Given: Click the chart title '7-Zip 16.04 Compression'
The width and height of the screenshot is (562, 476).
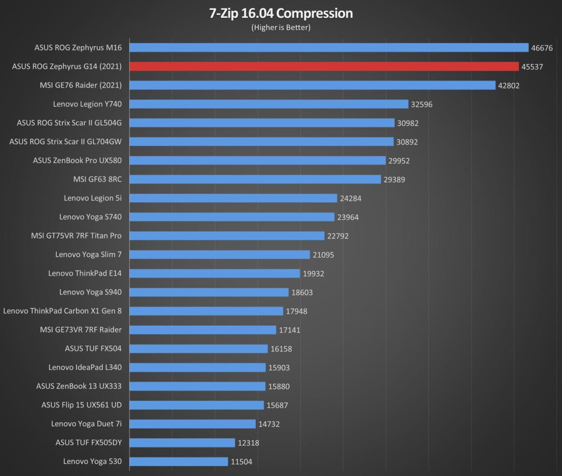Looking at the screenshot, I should [280, 13].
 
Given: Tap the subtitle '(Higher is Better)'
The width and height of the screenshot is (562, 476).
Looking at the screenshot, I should [280, 27].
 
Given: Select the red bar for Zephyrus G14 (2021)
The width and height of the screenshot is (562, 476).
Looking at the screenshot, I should [324, 66].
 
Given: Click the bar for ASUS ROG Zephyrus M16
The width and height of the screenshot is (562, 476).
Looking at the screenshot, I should [329, 47].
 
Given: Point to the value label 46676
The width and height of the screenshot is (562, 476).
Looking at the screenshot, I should [542, 48].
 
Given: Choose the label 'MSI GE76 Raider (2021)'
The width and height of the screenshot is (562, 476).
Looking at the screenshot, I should [81, 85].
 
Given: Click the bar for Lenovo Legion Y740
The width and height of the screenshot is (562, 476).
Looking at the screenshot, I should [269, 104].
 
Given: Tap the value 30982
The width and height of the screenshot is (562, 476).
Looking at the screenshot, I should [408, 123].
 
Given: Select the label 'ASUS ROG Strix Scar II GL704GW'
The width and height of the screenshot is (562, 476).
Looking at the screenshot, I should [66, 141].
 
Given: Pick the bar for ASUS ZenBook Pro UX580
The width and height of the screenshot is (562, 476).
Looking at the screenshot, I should [257, 160].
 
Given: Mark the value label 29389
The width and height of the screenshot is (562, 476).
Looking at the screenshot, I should [395, 179].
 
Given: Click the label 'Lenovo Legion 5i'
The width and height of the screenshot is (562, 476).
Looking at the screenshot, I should [93, 198].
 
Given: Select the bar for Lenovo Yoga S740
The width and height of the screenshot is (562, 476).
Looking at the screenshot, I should [232, 217].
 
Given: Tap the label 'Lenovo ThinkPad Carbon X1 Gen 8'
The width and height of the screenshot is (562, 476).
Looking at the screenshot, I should [63, 311].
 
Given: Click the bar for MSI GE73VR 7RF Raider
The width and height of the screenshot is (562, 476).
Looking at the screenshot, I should [203, 330].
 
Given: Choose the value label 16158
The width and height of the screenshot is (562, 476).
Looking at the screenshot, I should [282, 349].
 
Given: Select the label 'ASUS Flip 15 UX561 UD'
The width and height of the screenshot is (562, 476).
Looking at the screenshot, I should [82, 405].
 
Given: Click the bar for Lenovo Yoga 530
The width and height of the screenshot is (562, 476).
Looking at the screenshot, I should [179, 461].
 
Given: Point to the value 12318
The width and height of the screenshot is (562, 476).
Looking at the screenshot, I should [249, 443].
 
